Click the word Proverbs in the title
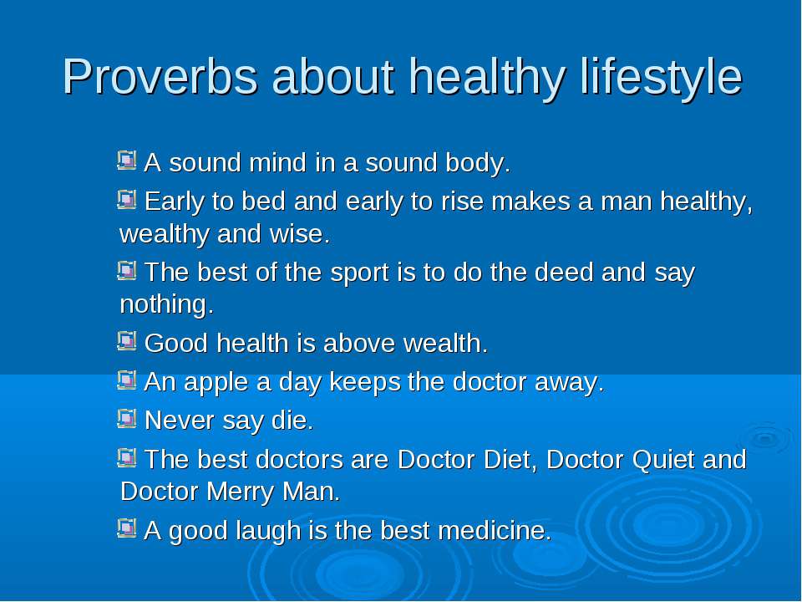pos(160,77)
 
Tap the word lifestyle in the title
pos(661,78)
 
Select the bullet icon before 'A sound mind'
pos(126,161)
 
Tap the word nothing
pos(166,304)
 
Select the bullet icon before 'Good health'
pos(126,341)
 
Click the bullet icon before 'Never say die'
pos(126,419)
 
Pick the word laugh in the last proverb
pos(268,532)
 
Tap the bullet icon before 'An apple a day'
pos(126,380)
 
